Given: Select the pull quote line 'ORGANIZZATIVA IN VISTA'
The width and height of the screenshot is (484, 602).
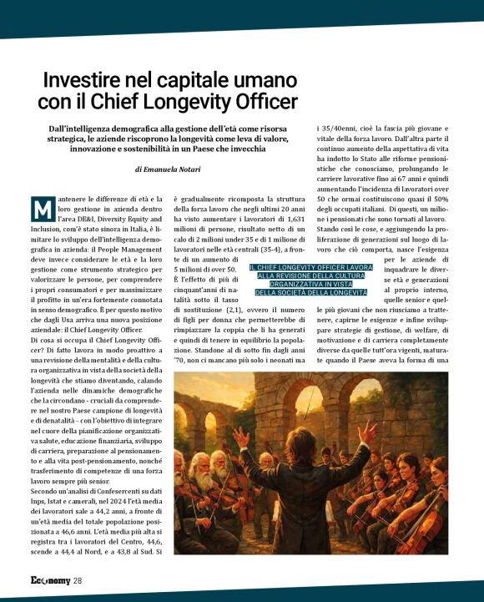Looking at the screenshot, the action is [x=310, y=283].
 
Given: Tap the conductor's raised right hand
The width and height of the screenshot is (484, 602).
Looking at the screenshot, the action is [x=368, y=432].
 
